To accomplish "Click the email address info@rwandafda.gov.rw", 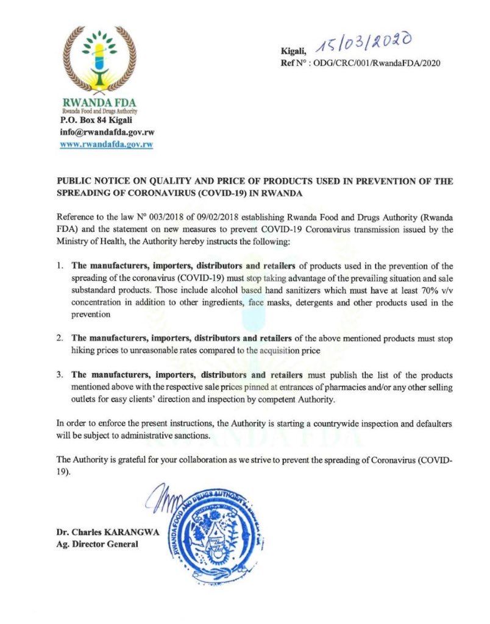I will point(107,132).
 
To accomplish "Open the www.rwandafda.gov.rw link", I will point(106,144).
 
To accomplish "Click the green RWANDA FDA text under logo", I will point(99,104).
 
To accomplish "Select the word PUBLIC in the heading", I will point(72,182).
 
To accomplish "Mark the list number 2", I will point(60,337).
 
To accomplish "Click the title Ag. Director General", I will point(97,544).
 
